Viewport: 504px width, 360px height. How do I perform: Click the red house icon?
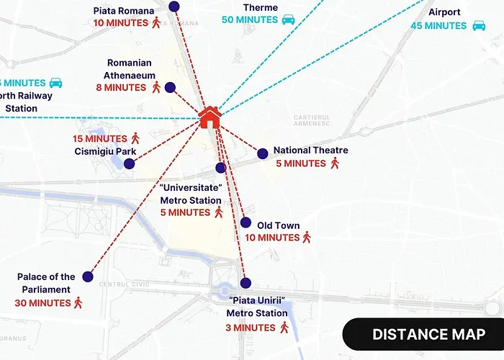tap(210, 117)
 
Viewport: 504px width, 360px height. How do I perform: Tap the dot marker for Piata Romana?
tap(174, 6)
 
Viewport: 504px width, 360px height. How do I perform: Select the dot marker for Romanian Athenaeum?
tap(170, 88)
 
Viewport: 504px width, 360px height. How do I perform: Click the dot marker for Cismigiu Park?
tap(129, 163)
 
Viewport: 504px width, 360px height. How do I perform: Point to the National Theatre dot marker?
tap(263, 153)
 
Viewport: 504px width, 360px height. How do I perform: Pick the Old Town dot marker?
tap(246, 222)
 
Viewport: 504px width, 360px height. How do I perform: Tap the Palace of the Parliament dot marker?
tap(89, 276)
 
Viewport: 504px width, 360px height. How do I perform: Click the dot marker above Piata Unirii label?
tap(246, 283)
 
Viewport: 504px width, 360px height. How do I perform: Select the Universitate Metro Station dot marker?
tap(221, 168)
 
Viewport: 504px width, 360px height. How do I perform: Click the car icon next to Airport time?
tap(479, 26)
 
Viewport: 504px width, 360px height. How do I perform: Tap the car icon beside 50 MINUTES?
tap(288, 19)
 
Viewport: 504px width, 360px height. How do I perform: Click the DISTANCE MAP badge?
tap(428, 334)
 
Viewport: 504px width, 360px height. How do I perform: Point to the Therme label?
tap(260, 7)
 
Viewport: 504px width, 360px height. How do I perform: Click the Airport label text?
tap(444, 12)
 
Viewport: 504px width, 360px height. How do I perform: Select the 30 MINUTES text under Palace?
tap(42, 303)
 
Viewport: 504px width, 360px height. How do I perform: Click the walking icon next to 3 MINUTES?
tap(284, 328)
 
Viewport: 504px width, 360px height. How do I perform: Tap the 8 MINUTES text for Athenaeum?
tap(121, 88)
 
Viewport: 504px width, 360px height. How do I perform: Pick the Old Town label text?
tap(278, 225)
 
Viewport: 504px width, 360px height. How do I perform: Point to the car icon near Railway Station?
tap(56, 83)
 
